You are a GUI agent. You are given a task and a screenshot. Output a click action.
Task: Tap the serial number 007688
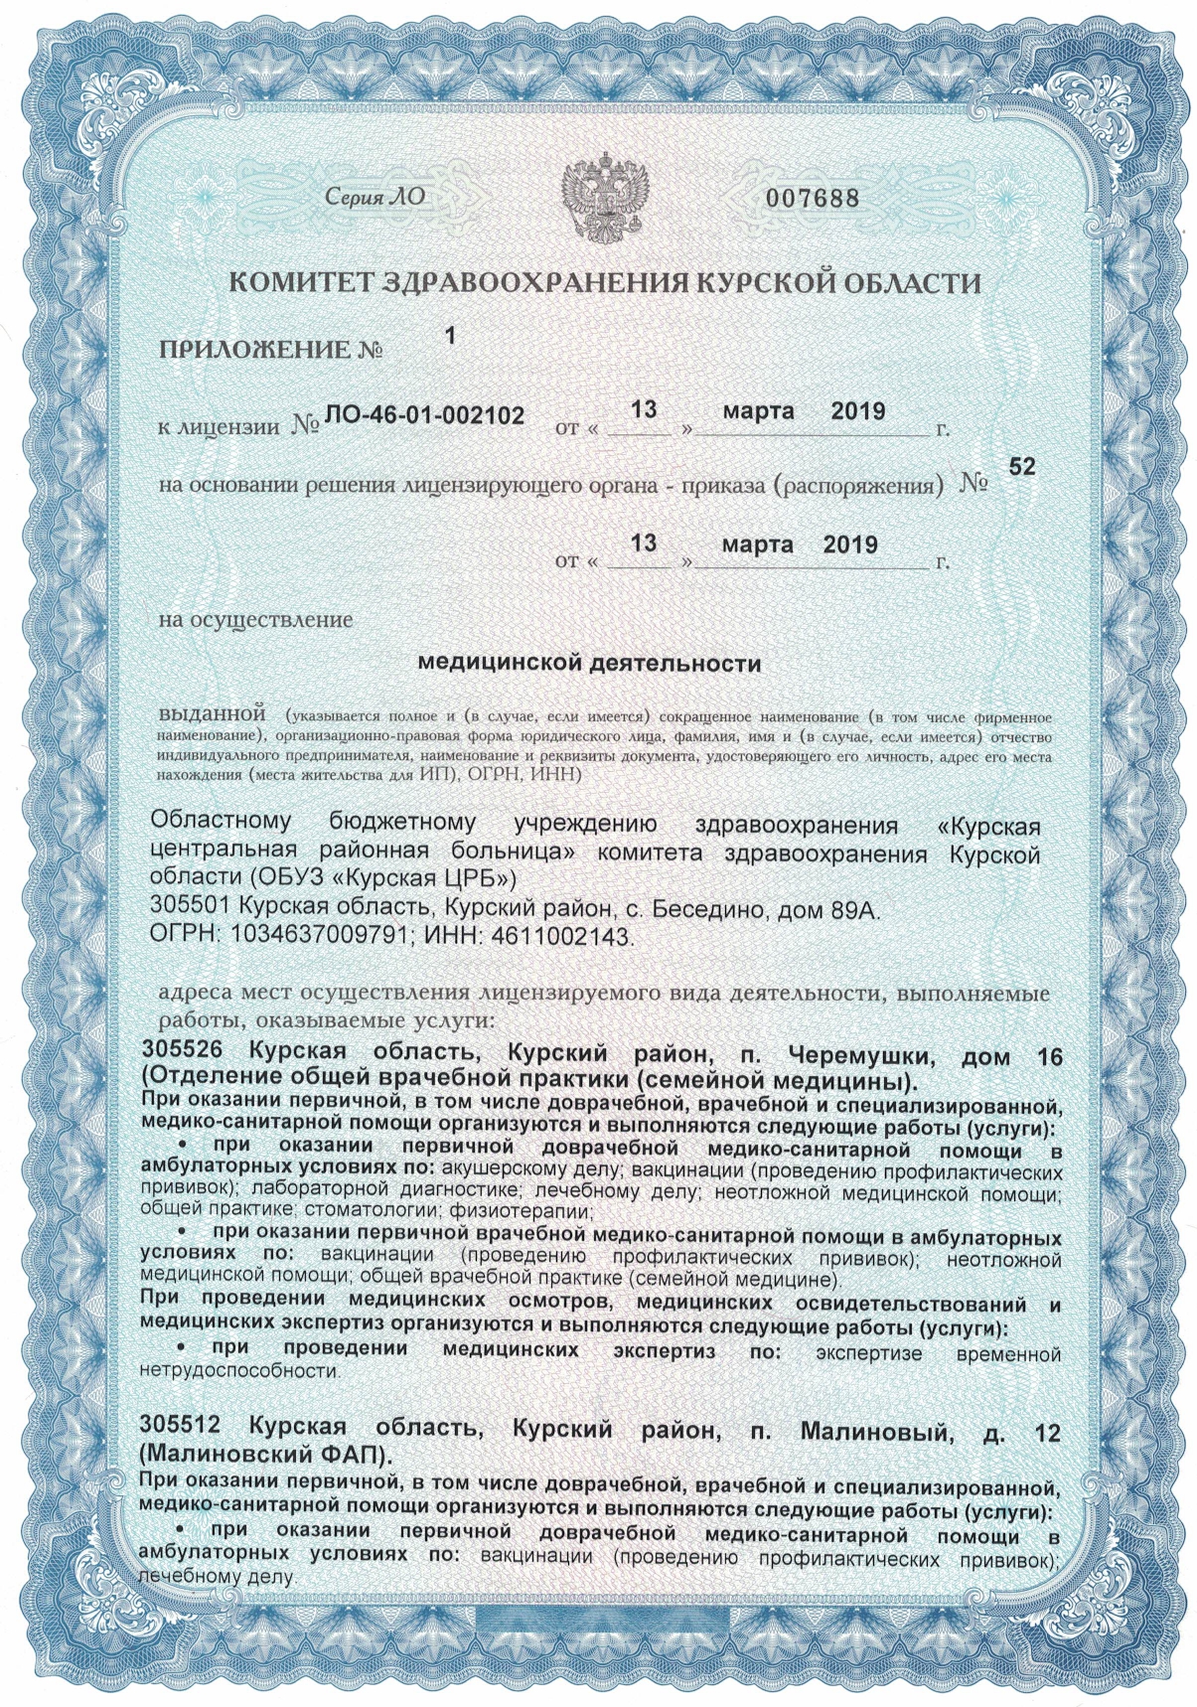pos(811,198)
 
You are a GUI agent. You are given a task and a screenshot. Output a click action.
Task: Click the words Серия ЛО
pos(375,197)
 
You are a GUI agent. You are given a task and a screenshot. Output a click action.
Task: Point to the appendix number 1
pos(450,336)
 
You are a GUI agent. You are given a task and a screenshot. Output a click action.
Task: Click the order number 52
pos(1021,466)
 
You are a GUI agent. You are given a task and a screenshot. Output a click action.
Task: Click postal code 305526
pos(186,1053)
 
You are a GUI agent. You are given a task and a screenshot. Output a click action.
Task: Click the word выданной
pos(212,713)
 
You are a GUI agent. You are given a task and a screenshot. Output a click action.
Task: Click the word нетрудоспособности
pos(238,1372)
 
